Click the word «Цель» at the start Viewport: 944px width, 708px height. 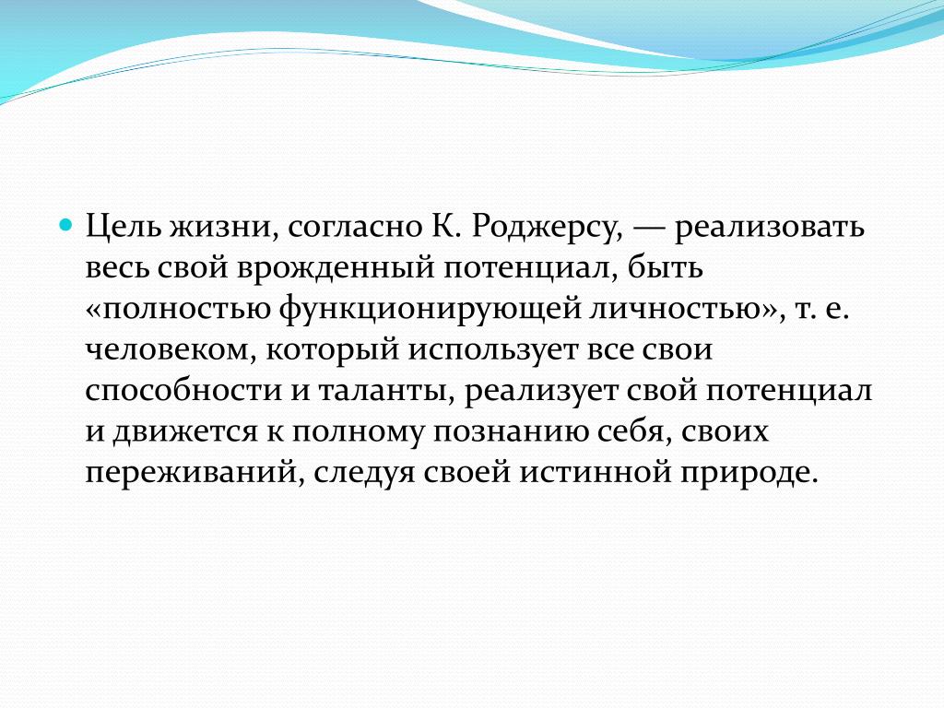click(x=124, y=227)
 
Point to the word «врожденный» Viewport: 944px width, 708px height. click(x=335, y=269)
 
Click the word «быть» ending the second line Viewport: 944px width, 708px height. click(x=666, y=267)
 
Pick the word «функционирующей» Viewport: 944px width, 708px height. click(x=430, y=310)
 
